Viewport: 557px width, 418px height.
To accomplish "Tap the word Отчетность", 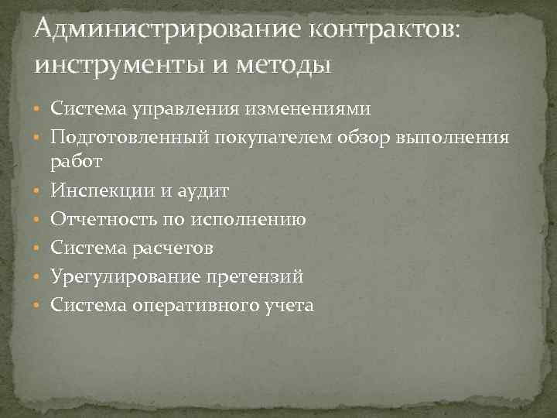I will tap(103, 220).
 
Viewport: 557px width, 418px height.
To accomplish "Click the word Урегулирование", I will tap(123, 276).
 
